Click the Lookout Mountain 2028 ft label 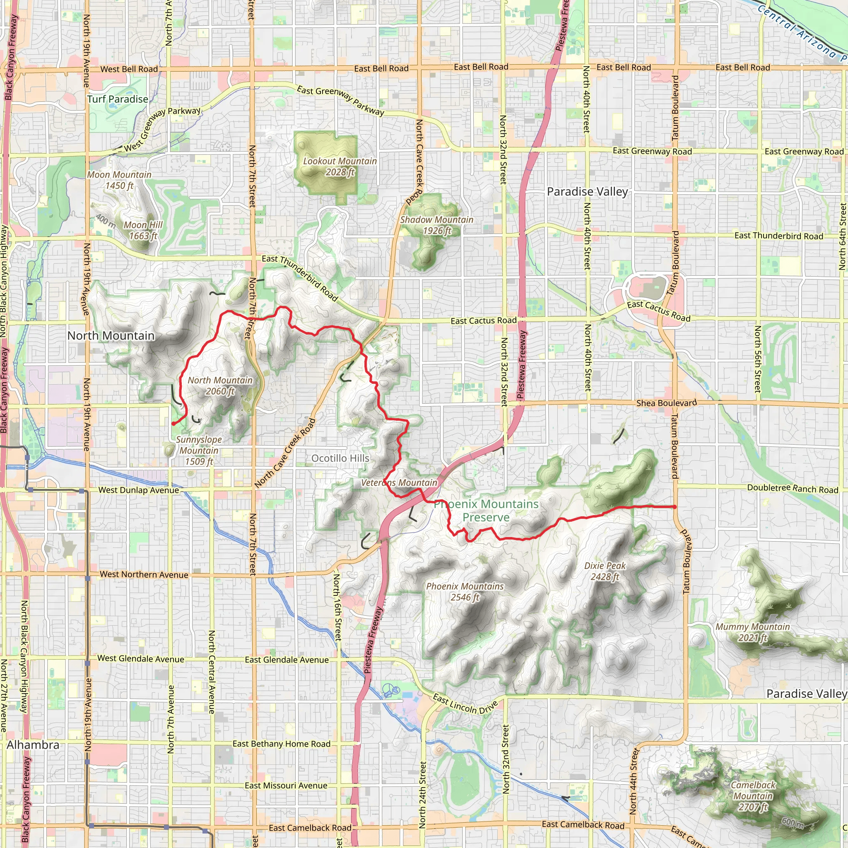340,167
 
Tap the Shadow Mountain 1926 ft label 437,225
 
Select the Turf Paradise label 118,99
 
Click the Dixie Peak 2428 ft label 605,571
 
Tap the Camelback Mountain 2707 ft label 753,796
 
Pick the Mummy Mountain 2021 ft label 753,632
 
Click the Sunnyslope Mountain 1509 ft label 199,450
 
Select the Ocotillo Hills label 340,458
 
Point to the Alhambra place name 33,745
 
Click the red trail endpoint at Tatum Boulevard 675,507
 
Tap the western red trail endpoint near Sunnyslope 173,424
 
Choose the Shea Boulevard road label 666,403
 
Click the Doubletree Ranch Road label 793,489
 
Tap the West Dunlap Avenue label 139,490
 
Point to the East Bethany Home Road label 281,744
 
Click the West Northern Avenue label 144,575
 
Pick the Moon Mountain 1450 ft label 119,180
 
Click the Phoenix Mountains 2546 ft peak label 465,592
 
